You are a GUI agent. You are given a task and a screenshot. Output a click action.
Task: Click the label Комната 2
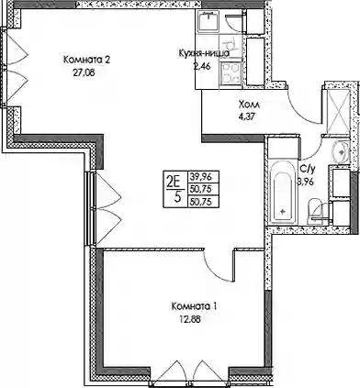86,60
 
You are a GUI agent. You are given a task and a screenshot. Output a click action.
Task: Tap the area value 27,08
83,72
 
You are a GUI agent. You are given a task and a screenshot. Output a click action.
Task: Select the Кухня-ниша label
204,53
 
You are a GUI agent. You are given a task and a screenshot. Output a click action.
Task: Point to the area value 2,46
202,66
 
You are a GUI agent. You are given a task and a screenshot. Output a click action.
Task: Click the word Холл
249,105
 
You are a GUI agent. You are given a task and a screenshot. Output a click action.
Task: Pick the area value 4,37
246,117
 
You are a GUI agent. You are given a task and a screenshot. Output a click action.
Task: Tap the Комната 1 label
195,306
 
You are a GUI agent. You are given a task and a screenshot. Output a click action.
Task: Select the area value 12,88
190,319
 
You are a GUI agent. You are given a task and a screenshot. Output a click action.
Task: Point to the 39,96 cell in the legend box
204,177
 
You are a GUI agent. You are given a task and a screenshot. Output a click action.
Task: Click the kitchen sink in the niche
208,21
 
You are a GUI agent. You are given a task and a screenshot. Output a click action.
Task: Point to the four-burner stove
231,72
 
